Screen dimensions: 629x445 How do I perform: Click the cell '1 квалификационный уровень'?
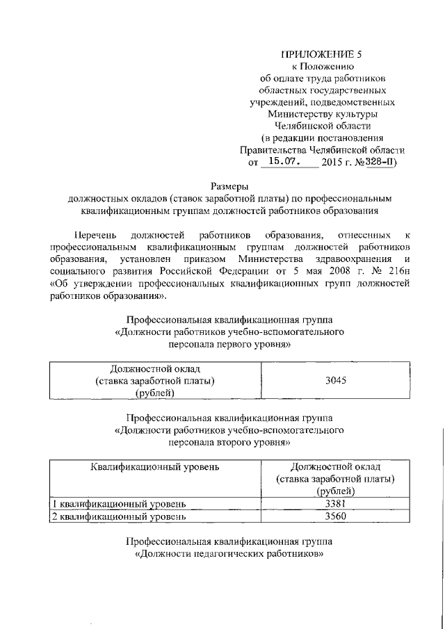[120, 505]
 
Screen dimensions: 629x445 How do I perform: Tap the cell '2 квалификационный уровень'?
[120, 517]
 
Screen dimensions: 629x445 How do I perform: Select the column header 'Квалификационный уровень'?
[154, 466]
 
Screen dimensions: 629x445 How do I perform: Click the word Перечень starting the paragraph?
[96, 234]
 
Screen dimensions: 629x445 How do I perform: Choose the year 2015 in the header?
[336, 162]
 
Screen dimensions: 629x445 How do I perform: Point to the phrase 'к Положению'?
[321, 67]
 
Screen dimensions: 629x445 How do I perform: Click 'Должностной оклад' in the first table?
[154, 368]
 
